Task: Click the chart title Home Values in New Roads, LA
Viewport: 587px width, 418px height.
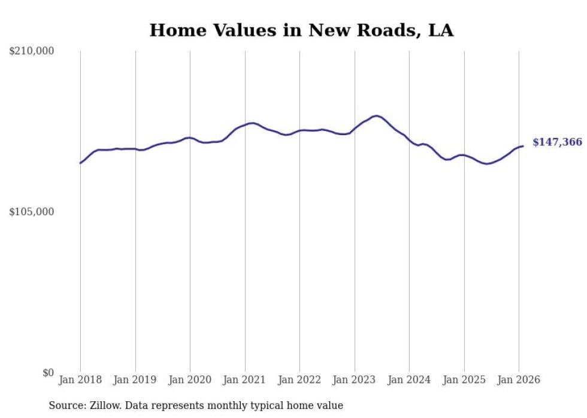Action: (301, 30)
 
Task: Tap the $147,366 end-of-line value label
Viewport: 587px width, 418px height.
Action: (557, 142)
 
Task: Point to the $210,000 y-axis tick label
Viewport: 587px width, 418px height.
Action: (32, 51)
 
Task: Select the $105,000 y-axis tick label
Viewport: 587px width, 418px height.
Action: (32, 212)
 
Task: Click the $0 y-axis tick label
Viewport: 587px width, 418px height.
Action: (48, 373)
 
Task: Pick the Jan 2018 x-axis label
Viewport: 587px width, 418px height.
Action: (80, 380)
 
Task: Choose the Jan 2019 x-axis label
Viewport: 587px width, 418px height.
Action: (135, 380)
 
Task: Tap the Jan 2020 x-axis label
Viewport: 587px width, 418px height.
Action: (190, 380)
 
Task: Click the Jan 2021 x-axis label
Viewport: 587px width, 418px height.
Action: (245, 380)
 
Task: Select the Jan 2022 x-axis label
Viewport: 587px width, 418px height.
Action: (299, 380)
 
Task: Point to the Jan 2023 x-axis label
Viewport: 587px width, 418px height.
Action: (355, 380)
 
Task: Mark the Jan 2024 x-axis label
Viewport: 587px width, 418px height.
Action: (409, 380)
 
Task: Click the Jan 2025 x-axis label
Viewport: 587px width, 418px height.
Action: (464, 380)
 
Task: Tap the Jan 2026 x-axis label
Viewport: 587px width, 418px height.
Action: (519, 380)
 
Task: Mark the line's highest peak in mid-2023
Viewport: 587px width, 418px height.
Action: (376, 116)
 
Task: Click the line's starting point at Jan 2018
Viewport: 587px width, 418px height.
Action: (80, 163)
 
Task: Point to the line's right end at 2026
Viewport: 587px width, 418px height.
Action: (523, 146)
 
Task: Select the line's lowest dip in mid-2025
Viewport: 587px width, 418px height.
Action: (488, 163)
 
